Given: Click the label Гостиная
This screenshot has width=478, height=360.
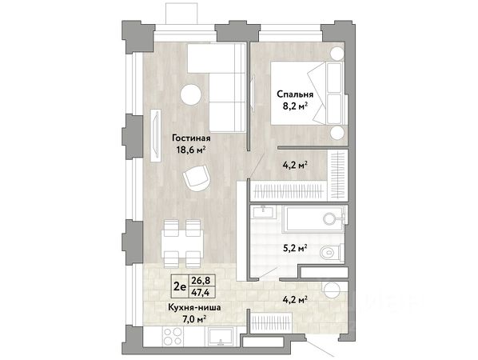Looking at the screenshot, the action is (191, 138).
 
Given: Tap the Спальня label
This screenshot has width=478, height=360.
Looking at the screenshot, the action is (295, 94).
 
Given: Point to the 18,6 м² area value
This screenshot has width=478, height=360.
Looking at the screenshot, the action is (191, 150).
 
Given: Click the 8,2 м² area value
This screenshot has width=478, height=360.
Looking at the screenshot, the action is (295, 106).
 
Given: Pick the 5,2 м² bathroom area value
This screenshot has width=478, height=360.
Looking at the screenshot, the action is (294, 248).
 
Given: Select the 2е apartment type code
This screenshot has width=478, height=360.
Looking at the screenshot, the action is (178, 286).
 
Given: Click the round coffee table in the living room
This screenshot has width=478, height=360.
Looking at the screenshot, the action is (191, 94).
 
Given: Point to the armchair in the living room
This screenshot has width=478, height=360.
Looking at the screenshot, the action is (197, 178).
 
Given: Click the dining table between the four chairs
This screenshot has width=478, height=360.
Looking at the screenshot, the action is (182, 243).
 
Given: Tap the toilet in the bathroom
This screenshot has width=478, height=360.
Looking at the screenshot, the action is (332, 252).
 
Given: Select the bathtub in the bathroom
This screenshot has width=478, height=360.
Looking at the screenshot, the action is (313, 218).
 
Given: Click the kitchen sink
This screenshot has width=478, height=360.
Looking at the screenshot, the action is (221, 336).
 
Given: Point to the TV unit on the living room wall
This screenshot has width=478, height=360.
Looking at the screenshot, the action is (156, 135).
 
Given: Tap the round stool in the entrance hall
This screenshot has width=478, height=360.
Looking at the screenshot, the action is (332, 290).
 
